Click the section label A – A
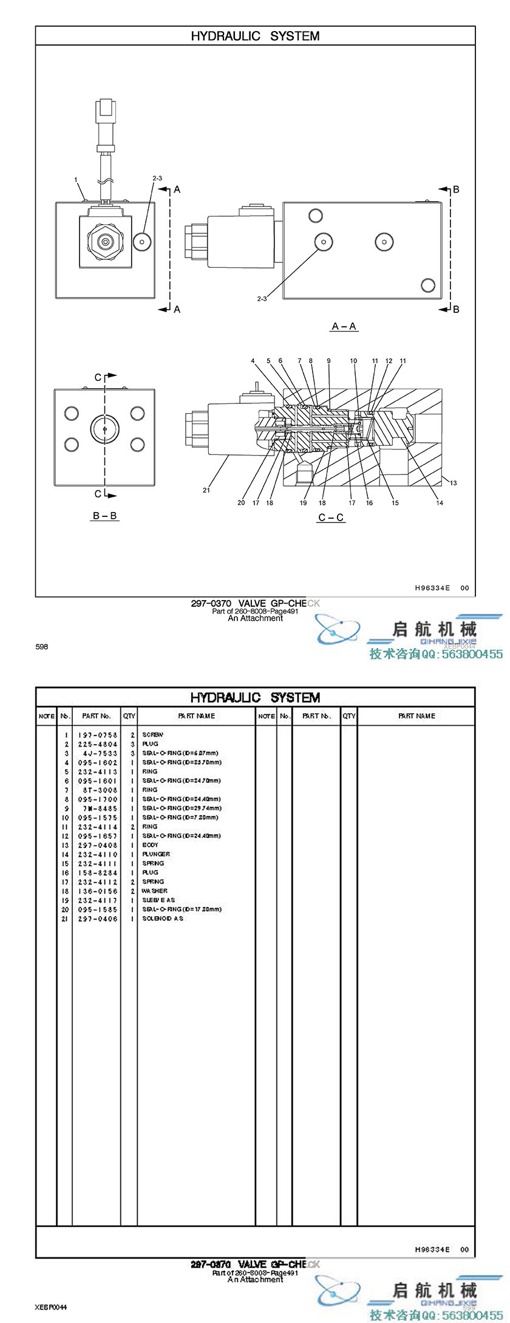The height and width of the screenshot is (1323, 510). click(x=344, y=326)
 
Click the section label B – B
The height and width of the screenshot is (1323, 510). click(x=104, y=516)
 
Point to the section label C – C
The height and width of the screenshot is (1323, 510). click(x=331, y=518)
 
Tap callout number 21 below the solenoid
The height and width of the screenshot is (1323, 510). click(x=206, y=490)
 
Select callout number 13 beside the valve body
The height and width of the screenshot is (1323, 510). click(x=453, y=483)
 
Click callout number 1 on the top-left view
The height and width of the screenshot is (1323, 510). click(x=76, y=180)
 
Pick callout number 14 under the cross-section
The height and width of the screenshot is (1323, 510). click(x=440, y=502)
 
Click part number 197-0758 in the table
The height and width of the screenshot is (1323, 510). click(x=97, y=735)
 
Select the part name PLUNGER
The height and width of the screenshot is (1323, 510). click(x=156, y=854)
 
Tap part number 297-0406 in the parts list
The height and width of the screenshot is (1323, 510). click(x=97, y=918)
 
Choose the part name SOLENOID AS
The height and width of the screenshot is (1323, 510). click(x=163, y=918)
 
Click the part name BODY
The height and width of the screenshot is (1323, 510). click(x=150, y=845)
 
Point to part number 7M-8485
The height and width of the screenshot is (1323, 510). click(x=97, y=808)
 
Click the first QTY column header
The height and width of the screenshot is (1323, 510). click(x=129, y=716)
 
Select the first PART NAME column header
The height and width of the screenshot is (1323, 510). click(x=196, y=716)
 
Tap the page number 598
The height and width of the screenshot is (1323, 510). click(x=41, y=646)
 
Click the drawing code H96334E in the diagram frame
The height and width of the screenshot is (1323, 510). click(x=432, y=588)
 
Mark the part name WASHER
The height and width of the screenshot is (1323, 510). click(x=154, y=891)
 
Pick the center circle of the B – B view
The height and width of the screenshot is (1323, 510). click(x=104, y=429)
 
